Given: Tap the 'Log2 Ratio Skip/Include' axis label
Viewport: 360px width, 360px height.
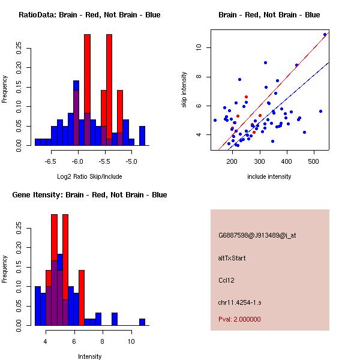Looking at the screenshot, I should tap(89, 176).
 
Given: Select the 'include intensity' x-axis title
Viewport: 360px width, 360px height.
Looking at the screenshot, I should tap(269, 176).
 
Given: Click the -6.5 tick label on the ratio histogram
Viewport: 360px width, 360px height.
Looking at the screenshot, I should tap(51, 161).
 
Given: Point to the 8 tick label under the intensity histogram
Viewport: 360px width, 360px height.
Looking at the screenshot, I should tap(103, 341).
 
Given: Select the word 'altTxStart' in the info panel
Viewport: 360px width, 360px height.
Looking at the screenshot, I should tap(232, 258).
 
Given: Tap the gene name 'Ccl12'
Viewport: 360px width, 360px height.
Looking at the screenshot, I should tap(226, 280).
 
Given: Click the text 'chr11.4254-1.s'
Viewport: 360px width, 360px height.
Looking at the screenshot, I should tap(238, 302).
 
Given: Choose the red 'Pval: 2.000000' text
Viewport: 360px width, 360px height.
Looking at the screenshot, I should tap(239, 319).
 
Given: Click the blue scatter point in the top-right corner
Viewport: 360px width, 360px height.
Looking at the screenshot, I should tap(325, 35).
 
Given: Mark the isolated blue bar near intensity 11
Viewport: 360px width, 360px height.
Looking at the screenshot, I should tap(142, 322).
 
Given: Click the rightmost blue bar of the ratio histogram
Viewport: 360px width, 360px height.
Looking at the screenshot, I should tap(142, 136).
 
